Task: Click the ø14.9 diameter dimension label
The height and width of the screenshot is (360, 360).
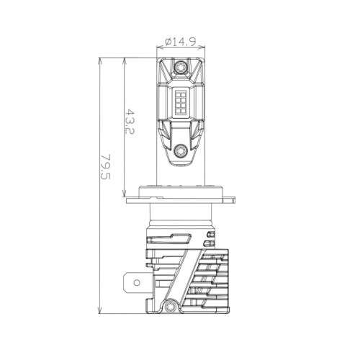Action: coord(181,42)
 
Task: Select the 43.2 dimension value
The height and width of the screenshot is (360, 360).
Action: coord(130,122)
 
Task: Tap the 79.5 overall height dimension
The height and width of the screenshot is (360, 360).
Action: coord(105,167)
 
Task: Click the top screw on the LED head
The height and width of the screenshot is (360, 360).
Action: coord(180,67)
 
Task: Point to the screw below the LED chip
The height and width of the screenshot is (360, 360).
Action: coord(180,151)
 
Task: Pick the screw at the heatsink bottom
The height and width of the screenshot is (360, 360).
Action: coord(170,306)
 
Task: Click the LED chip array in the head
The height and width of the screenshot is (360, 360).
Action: coord(181,102)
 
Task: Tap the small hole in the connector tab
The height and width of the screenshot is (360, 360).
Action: coord(137,282)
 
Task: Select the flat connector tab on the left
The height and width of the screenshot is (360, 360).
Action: coord(136,282)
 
